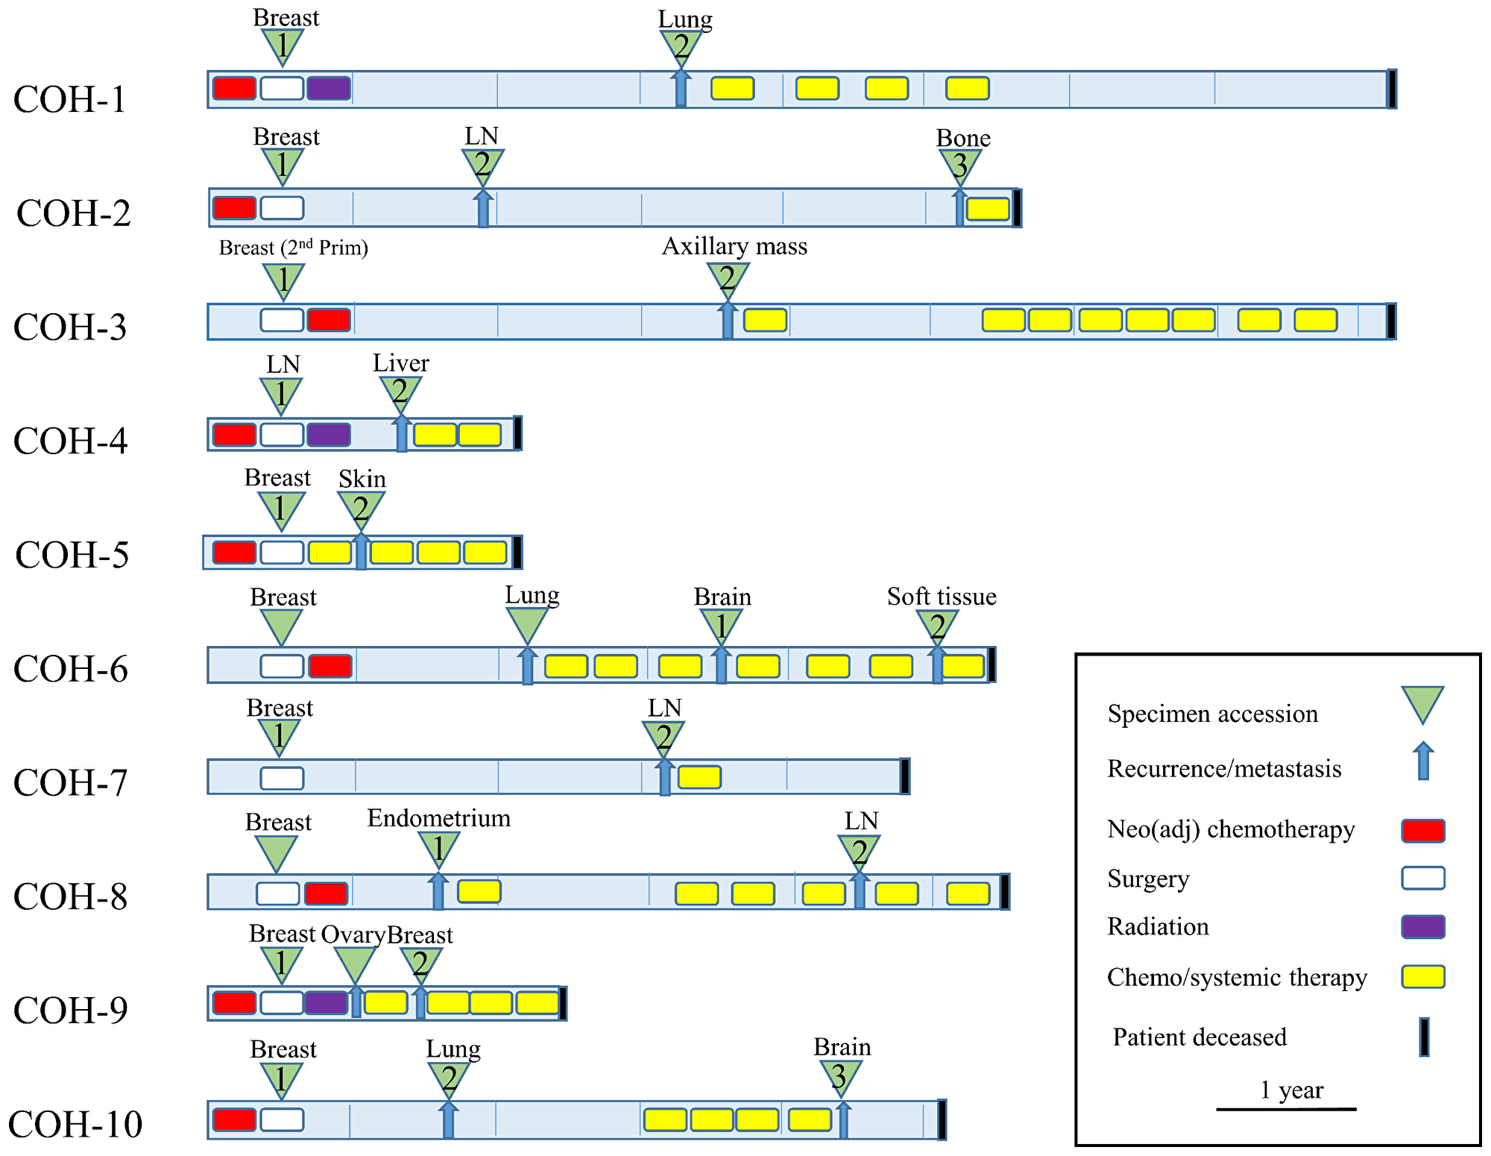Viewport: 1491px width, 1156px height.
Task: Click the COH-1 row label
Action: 70,99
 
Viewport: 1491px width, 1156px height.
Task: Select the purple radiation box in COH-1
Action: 328,88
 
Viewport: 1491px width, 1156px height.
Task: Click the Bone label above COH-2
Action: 962,138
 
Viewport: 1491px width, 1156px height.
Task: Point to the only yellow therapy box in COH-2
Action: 987,209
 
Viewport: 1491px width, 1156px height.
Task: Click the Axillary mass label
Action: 734,246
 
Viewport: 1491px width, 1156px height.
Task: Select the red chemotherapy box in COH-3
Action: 329,320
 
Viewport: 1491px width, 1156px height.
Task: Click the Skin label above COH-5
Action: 362,479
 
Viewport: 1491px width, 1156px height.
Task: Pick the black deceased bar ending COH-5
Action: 517,552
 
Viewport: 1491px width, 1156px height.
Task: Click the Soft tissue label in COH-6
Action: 942,597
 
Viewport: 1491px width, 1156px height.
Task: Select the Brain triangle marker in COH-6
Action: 721,624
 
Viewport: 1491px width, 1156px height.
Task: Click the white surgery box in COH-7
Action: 282,778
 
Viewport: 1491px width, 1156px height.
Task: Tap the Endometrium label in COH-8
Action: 438,818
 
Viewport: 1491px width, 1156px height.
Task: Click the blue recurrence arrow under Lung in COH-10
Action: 448,1120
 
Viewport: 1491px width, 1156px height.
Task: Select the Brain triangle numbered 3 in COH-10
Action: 841,1075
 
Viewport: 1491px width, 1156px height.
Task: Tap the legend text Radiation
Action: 1158,926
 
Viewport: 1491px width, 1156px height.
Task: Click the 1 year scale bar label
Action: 1291,1090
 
